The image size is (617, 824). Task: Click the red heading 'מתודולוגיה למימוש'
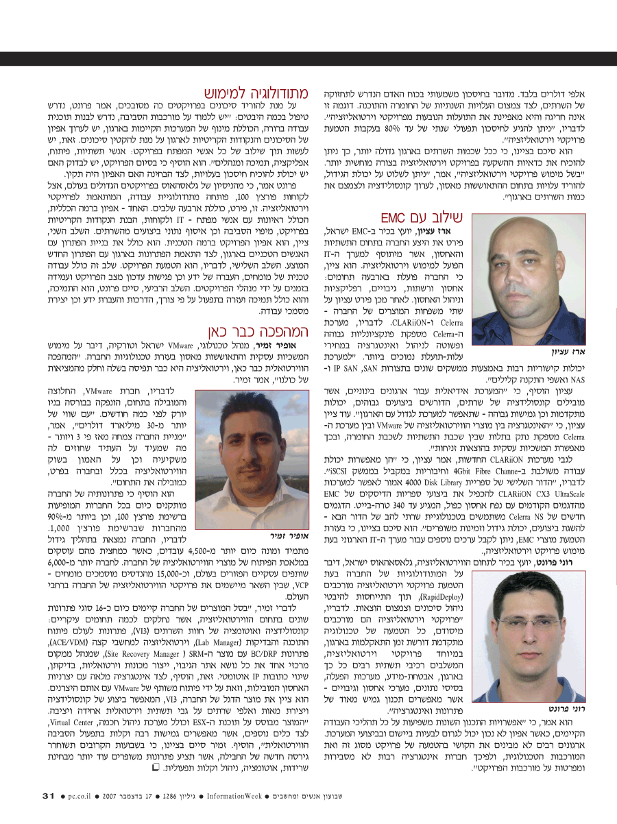(x=253, y=93)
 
